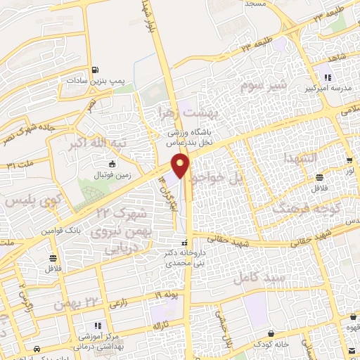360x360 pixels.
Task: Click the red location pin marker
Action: coord(182,166)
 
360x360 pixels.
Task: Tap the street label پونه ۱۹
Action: coord(163,295)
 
